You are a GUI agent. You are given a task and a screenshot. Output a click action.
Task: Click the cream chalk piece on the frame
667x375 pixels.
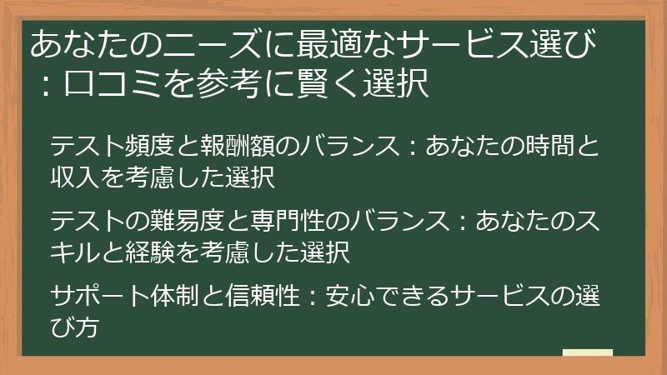[587, 352]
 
